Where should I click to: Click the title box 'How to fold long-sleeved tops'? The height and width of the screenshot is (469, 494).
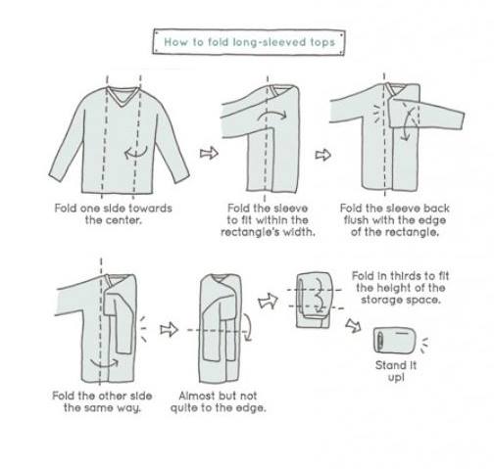(x=249, y=42)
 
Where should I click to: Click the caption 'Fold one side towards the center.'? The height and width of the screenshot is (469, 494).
(x=113, y=214)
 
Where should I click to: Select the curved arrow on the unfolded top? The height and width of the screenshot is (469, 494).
(x=136, y=153)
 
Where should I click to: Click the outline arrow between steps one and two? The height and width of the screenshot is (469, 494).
(x=209, y=153)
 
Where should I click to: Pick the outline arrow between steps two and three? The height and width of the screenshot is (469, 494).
(x=322, y=155)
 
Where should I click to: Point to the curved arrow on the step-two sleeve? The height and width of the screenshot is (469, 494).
(x=272, y=115)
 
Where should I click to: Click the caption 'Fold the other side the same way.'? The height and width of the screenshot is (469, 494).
(x=102, y=401)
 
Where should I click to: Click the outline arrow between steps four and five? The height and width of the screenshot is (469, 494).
(x=169, y=329)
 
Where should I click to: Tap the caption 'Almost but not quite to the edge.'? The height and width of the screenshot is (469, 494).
(x=218, y=401)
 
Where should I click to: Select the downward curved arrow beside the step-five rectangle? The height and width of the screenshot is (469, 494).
(x=248, y=327)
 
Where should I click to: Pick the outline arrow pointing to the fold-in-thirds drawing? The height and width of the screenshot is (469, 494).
(x=268, y=301)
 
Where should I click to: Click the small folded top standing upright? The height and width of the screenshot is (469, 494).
(x=395, y=340)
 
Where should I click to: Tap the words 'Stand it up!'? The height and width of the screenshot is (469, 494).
(x=396, y=371)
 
